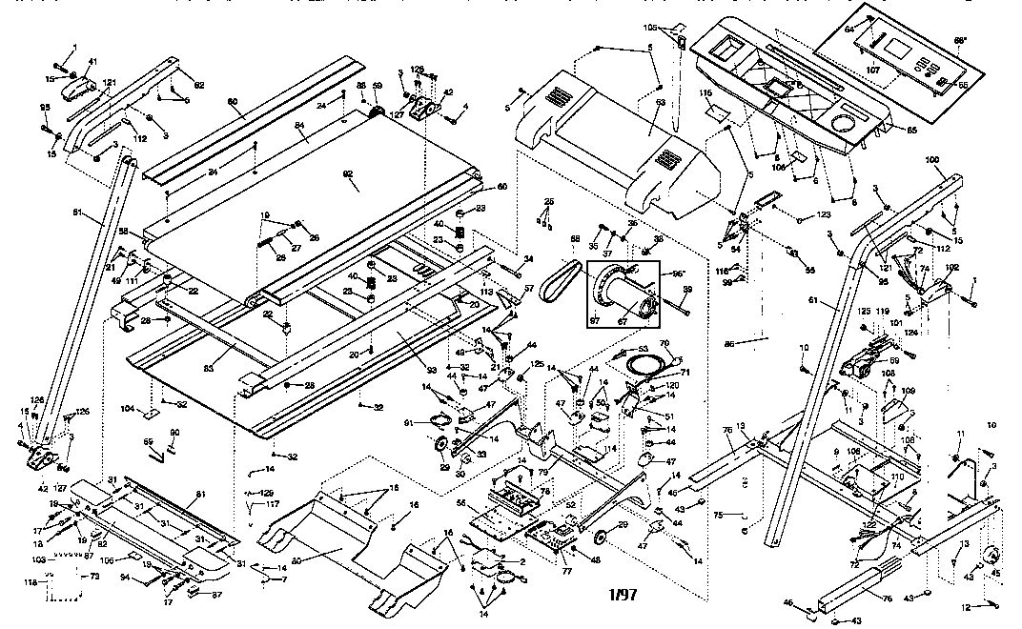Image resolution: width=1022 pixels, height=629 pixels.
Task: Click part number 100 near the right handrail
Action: pyautogui.click(x=931, y=160)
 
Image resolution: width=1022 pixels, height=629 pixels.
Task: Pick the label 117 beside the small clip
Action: pyautogui.click(x=274, y=504)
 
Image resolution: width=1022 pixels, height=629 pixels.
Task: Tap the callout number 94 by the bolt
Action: pyautogui.click(x=126, y=577)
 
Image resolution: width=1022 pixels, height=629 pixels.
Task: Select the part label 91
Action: pyautogui.click(x=409, y=422)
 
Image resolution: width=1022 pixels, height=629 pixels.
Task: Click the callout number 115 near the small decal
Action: pyautogui.click(x=706, y=92)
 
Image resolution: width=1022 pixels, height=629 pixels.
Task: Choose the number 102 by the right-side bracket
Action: pyautogui.click(x=951, y=268)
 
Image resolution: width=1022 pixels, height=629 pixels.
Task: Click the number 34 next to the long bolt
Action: pyautogui.click(x=528, y=259)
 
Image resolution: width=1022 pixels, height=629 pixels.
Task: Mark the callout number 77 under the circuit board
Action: pyautogui.click(x=566, y=572)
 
